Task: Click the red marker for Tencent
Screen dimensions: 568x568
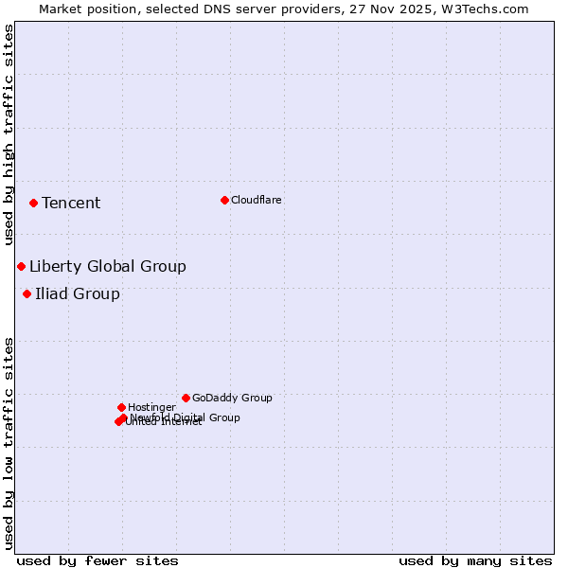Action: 33,203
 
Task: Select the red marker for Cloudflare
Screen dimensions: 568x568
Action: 224,200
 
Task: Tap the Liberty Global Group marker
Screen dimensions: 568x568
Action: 21,266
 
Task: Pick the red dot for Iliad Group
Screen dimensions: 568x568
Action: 27,293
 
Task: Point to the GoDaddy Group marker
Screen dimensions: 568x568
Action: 186,398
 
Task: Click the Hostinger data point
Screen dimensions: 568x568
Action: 121,407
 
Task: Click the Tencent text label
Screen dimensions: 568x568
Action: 71,203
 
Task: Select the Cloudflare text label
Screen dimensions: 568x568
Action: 256,200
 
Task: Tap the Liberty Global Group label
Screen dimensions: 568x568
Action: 107,266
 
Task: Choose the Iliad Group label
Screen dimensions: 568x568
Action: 78,293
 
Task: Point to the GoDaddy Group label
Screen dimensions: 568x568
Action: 232,398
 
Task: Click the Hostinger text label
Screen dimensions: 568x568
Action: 151,407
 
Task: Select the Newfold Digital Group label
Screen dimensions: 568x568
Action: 186,417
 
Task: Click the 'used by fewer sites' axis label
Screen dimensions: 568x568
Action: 98,560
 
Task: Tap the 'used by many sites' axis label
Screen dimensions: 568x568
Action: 475,560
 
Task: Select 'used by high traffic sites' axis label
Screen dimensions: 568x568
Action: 9,134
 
